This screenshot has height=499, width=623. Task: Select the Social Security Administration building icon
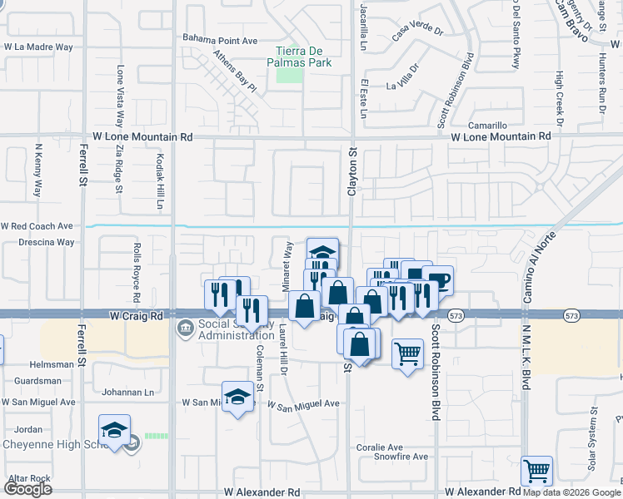pyautogui.click(x=185, y=329)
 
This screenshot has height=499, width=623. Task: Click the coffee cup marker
pyautogui.click(x=437, y=279)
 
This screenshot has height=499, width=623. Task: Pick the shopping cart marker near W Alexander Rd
pyautogui.click(x=537, y=472)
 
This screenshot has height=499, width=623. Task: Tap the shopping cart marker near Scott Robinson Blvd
pyautogui.click(x=407, y=353)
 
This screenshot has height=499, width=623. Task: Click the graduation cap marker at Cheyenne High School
pyautogui.click(x=114, y=428)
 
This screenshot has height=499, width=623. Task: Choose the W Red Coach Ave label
pyautogui.click(x=37, y=225)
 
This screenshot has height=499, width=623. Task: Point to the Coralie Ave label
pyautogui.click(x=379, y=447)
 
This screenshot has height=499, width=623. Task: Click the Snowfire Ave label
pyautogui.click(x=400, y=457)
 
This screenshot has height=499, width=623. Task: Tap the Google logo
pyautogui.click(x=27, y=489)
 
